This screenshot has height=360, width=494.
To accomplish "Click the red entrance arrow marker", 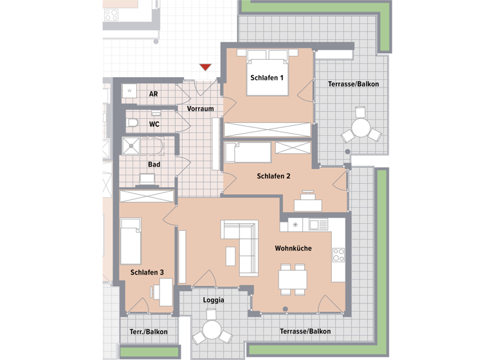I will (205, 67).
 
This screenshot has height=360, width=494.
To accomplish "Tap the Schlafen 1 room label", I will (267, 78).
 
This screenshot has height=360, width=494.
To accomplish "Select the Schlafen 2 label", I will (274, 176).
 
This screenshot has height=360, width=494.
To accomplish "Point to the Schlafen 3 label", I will (147, 273).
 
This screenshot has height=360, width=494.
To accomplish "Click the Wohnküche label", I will (293, 248).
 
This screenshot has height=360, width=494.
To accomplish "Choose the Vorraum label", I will (200, 109).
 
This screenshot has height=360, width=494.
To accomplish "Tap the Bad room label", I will (154, 165).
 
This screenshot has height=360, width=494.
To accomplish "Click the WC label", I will (154, 124).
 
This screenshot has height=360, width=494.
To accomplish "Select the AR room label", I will (154, 94).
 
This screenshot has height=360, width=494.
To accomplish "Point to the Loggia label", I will (214, 300).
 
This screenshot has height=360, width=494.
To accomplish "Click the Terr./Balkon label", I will (149, 332).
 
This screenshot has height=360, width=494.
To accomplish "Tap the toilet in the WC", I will (133, 123).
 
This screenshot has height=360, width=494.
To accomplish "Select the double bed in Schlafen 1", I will (267, 72).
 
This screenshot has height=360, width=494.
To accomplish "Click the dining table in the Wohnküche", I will (293, 278).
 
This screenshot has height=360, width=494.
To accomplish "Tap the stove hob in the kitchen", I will (338, 255).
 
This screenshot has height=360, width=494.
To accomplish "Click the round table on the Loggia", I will (211, 330).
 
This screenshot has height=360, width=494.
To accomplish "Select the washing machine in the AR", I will (129, 91).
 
